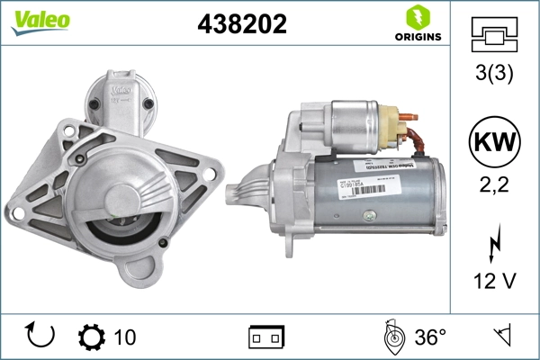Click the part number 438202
pyautogui.click(x=241, y=24)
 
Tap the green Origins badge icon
pyautogui.click(x=417, y=18)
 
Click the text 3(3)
pyautogui.click(x=494, y=75)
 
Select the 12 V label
pyautogui.click(x=494, y=282)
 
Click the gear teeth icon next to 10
pyautogui.click(x=92, y=337)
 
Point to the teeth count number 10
pyautogui.click(x=125, y=337)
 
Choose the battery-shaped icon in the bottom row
pyautogui.click(x=266, y=337)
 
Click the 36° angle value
pyautogui.click(x=430, y=337)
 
